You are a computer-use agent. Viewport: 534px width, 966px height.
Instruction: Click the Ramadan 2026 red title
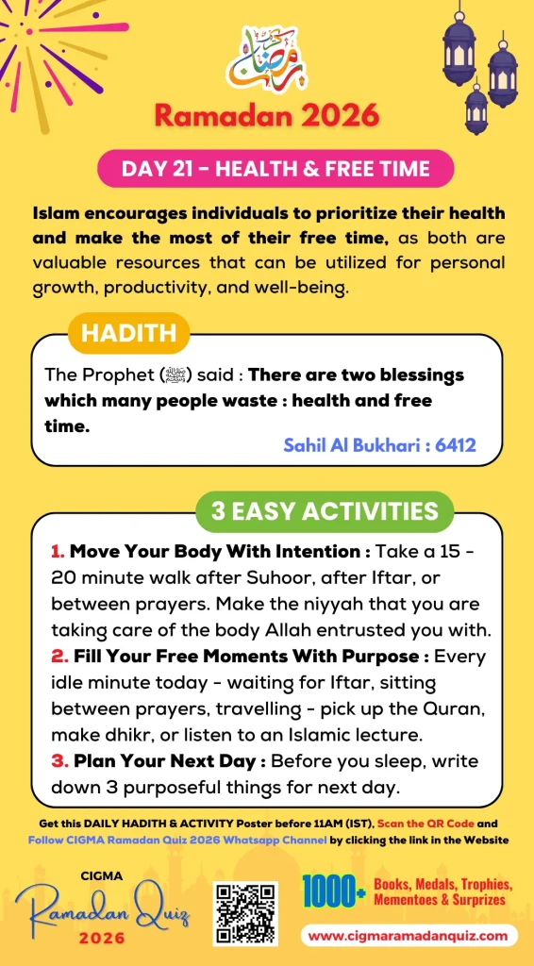point(266,116)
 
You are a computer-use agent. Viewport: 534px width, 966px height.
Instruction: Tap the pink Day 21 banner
point(275,170)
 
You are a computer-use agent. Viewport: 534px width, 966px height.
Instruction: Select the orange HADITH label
point(128,333)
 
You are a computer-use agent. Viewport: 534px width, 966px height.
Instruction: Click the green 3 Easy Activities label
point(325,511)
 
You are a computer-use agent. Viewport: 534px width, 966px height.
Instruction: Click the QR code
point(244,913)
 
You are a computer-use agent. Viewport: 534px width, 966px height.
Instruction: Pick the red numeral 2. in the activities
point(57,654)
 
